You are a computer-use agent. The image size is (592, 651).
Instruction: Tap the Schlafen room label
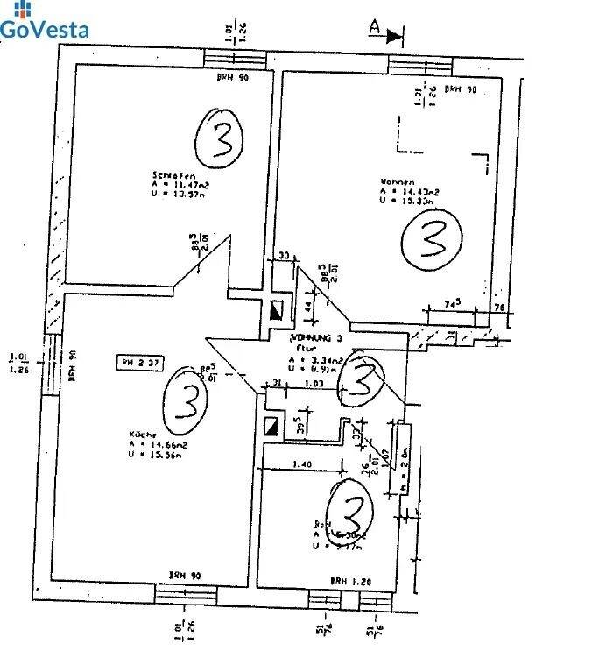167,175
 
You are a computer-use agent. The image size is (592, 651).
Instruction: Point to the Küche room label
144,435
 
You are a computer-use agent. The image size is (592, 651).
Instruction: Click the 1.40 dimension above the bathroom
302,464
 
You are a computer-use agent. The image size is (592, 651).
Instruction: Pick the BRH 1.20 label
349,580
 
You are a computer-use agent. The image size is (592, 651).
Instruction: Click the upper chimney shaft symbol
277,308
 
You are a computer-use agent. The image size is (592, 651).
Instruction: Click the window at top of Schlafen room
235,59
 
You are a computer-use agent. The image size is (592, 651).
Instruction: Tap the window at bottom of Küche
187,596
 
